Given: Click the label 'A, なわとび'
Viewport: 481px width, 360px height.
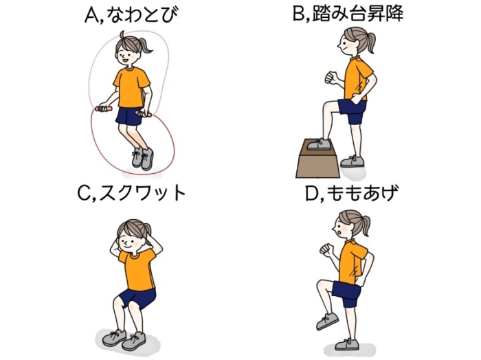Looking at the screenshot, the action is tap(131, 15).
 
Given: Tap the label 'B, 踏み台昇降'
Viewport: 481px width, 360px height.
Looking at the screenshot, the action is tap(348, 13).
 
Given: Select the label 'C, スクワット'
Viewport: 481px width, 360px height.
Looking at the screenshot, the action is tap(132, 192).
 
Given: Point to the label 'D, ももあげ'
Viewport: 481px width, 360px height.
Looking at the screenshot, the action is tap(352, 194).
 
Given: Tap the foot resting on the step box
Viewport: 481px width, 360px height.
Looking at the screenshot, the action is tap(319, 144).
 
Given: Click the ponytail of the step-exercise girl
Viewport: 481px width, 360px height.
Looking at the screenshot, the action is tap(369, 43).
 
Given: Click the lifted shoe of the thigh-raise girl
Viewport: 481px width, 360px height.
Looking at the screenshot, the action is tap(327, 321).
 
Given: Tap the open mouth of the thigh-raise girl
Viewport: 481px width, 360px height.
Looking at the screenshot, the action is tap(338, 233).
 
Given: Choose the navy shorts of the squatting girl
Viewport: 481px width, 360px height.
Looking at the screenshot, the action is tap(137, 298).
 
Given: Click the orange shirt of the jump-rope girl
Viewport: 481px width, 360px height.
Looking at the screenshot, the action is tap(131, 87).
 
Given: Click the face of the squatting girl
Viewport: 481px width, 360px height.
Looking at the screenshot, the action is tap(130, 238).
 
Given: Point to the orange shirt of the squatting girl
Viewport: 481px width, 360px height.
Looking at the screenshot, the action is tap(137, 269).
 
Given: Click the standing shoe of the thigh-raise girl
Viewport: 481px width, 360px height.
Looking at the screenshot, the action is tap(346, 344).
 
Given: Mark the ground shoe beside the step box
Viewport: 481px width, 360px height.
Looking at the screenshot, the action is tap(352, 161).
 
